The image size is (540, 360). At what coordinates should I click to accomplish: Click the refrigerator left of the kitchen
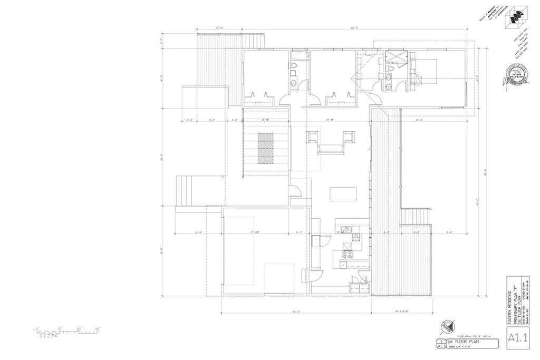[x=315, y=241]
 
